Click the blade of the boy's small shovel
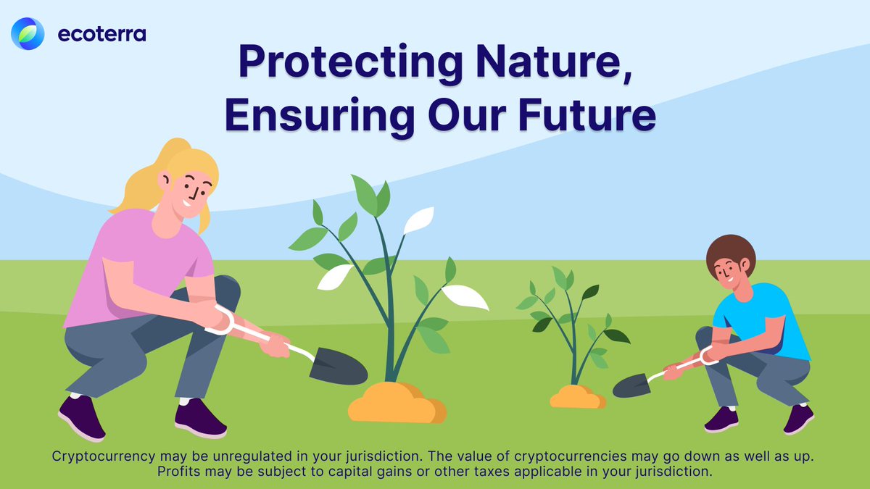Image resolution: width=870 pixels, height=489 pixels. coord(630,385)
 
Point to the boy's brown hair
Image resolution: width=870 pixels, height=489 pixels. coord(731,250)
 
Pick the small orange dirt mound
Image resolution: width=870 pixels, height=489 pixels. coord(577,397)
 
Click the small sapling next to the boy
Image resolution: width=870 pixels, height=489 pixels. coord(573,326)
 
